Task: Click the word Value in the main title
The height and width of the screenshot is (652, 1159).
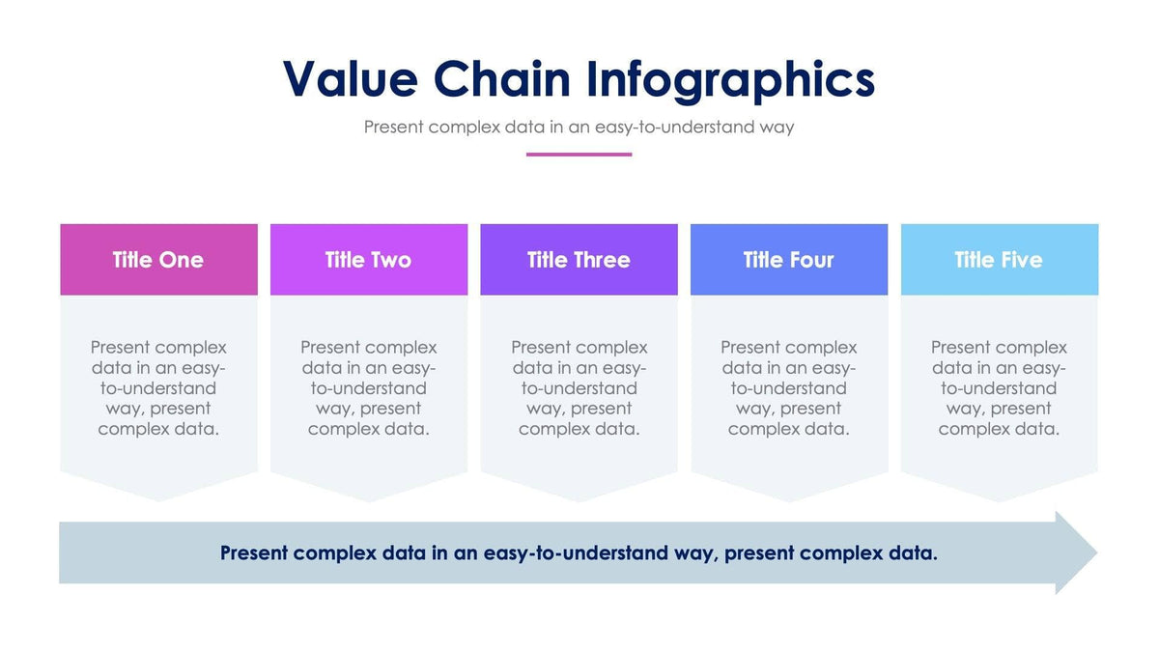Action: click(349, 79)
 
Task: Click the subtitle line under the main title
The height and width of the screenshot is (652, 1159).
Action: click(579, 127)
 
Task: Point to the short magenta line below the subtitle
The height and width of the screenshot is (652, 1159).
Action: click(579, 155)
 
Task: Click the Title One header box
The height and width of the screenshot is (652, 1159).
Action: click(158, 260)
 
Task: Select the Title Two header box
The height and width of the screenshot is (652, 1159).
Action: click(368, 260)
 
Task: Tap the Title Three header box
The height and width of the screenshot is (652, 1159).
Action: click(579, 260)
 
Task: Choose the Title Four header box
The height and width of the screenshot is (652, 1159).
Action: click(788, 260)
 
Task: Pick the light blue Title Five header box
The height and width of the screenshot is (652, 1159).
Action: click(999, 260)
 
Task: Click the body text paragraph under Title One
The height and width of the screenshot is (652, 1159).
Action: click(158, 388)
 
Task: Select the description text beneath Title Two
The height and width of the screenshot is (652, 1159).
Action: click(368, 388)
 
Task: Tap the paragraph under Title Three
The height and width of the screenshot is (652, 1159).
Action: click(579, 388)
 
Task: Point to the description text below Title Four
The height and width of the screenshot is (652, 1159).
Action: click(788, 388)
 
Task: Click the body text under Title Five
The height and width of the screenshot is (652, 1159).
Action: click(999, 388)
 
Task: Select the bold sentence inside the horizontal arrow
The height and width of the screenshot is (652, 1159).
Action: click(579, 553)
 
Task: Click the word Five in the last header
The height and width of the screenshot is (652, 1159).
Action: click(1021, 260)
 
